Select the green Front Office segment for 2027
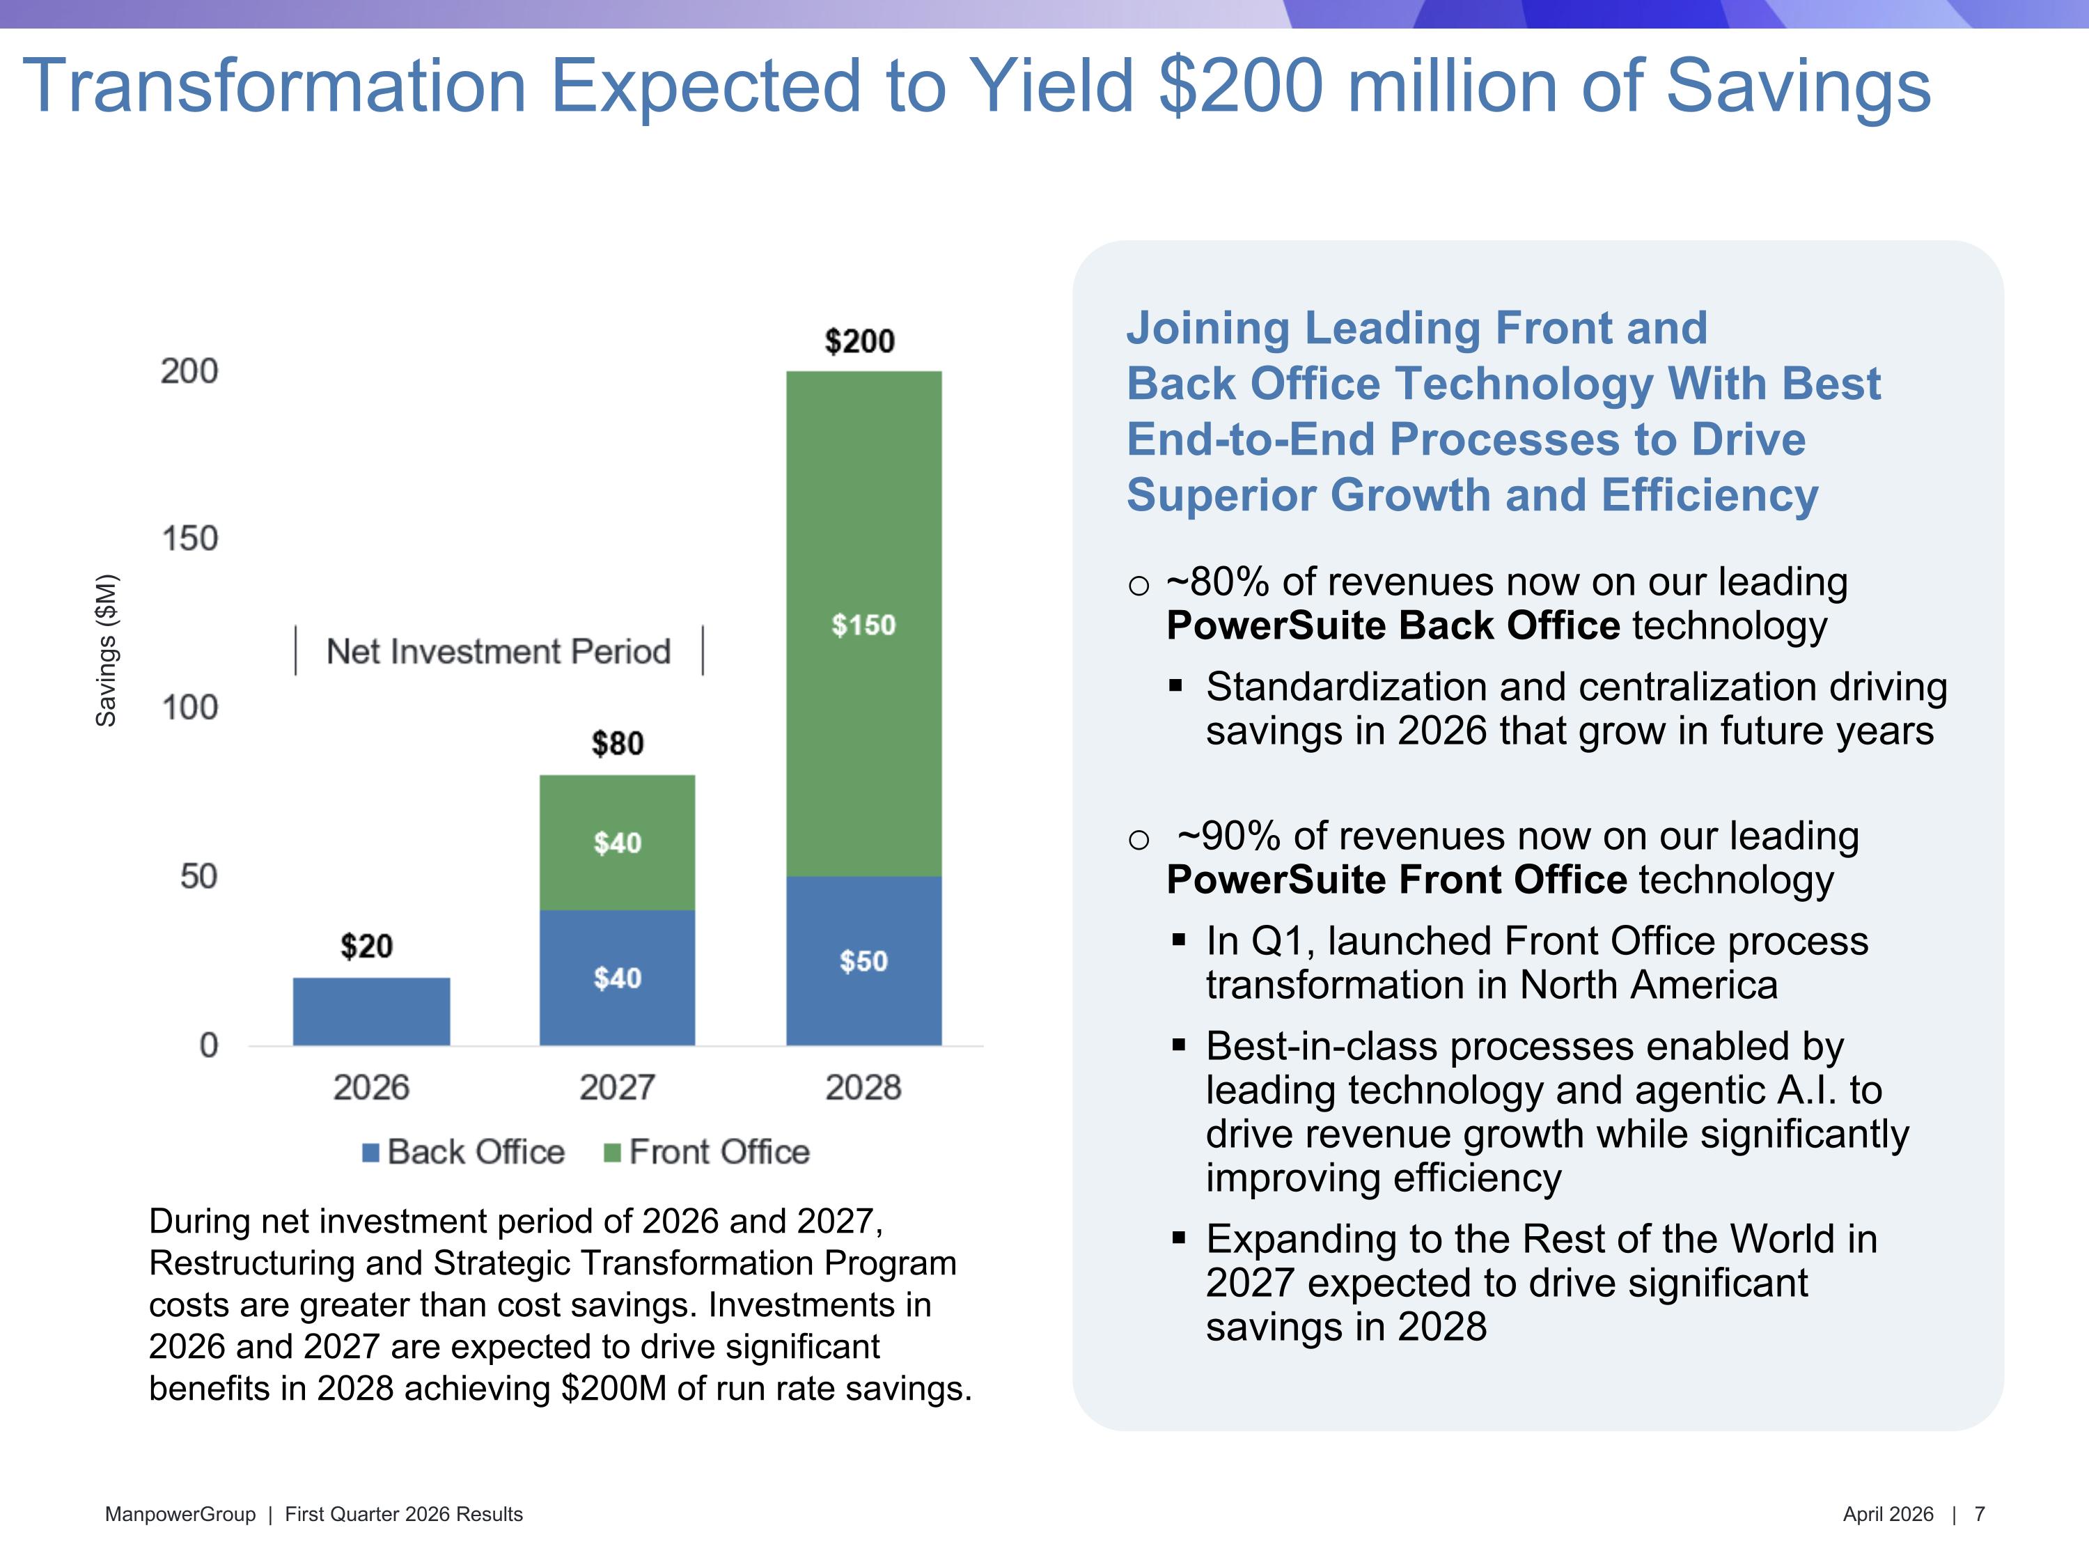click(x=617, y=843)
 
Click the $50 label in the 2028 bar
click(x=863, y=962)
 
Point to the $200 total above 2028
click(x=859, y=341)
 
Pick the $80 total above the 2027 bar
click(x=618, y=743)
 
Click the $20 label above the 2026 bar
click(x=366, y=946)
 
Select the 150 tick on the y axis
click(x=190, y=538)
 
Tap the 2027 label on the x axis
click(x=617, y=1087)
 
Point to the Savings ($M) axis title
click(x=107, y=650)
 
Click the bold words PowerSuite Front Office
click(x=1397, y=880)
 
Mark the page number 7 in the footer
click(x=1980, y=1514)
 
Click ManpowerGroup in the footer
click(x=180, y=1514)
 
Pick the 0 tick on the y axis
click(x=209, y=1045)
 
